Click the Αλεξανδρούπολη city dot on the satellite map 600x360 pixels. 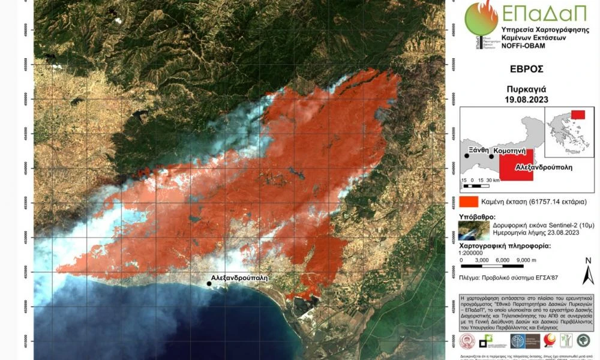point(209,283)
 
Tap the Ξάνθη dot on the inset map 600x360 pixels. point(466,156)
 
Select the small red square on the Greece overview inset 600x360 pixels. point(578,115)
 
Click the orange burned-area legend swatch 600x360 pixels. point(469,202)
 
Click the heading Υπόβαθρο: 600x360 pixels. point(478,217)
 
